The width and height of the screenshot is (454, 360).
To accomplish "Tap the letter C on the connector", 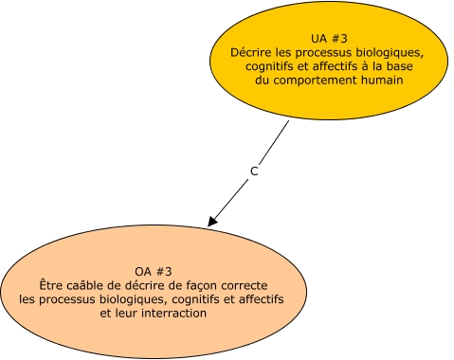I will (253, 171).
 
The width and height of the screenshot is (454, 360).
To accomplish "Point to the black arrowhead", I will (212, 221).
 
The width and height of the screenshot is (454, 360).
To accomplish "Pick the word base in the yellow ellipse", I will (404, 66).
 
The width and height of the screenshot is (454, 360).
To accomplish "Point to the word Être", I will (52, 284).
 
